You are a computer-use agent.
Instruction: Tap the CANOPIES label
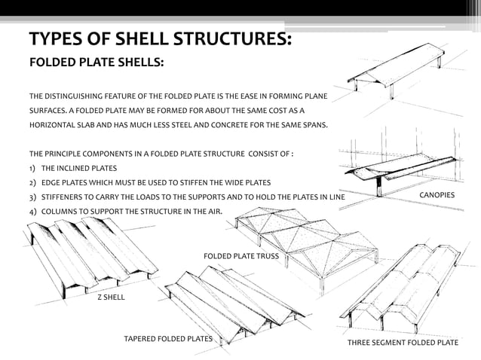tap(437, 195)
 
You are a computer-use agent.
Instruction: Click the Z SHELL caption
tap(111, 297)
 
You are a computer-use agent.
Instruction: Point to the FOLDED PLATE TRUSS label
tap(240, 256)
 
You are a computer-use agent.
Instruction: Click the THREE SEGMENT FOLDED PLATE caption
tap(402, 343)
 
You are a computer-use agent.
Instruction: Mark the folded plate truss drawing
tap(305, 241)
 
